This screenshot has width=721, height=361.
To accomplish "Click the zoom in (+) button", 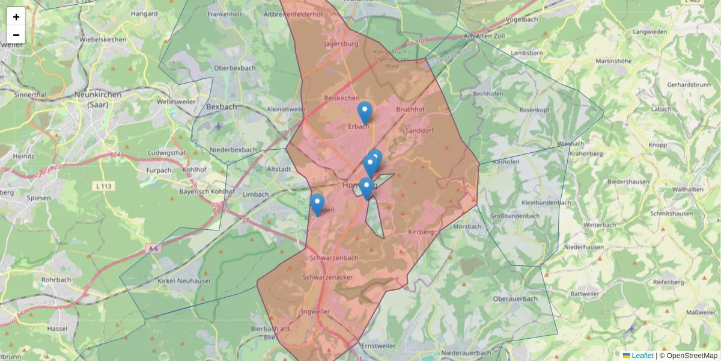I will [x=16, y=17].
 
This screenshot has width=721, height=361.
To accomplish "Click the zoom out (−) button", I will [x=16, y=35].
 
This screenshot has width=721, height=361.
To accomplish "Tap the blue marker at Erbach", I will [x=364, y=113].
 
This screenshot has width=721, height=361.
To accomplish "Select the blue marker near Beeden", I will [x=317, y=205].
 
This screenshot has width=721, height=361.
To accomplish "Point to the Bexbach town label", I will [x=221, y=106].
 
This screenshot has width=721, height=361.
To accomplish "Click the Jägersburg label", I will [x=341, y=44].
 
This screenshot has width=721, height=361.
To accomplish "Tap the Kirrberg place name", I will [x=421, y=232].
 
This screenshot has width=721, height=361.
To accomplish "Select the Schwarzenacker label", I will [x=327, y=277].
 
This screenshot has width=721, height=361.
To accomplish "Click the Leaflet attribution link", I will [x=642, y=356].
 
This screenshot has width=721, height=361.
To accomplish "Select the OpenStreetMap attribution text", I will [x=692, y=356].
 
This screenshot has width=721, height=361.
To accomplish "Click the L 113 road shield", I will [x=104, y=187].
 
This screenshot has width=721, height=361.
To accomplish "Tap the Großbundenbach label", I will [x=514, y=216].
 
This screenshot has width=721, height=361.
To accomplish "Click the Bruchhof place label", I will [x=410, y=110].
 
